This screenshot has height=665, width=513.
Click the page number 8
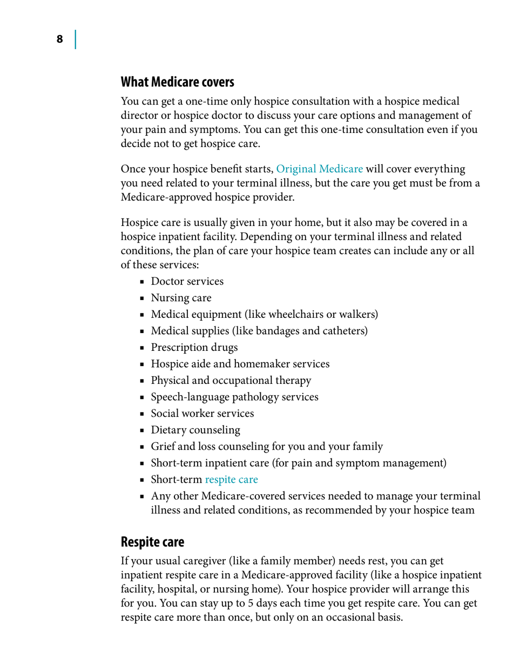[59, 39]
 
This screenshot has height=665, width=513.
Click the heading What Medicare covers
[177, 82]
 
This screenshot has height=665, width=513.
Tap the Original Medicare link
[319, 169]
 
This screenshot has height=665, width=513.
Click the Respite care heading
[152, 541]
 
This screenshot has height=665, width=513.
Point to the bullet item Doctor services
[187, 281]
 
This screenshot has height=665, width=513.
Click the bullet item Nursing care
[181, 297]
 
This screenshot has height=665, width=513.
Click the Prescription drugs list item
[194, 347]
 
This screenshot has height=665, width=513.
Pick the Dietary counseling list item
[195, 430]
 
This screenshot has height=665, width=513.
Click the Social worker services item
[202, 414]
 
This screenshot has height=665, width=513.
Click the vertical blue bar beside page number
[75, 39]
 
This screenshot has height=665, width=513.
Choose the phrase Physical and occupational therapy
[231, 380]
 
